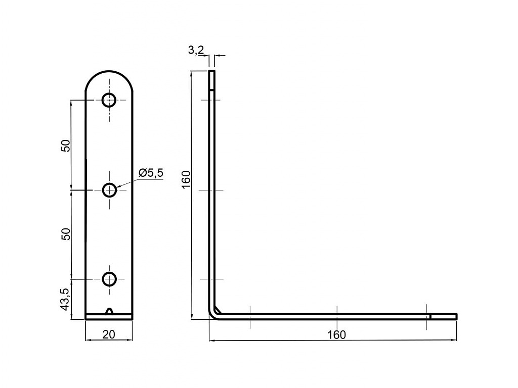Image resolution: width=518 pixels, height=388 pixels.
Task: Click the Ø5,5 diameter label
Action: (x=151, y=173)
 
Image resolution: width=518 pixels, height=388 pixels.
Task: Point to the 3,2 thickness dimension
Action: (x=196, y=50)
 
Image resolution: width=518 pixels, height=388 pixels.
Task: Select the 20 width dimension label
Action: (x=109, y=334)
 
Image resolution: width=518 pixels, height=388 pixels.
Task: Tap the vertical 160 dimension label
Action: (x=186, y=179)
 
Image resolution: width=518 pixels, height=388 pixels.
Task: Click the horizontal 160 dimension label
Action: (x=336, y=334)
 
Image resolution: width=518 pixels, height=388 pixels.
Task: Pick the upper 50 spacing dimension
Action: (x=66, y=145)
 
